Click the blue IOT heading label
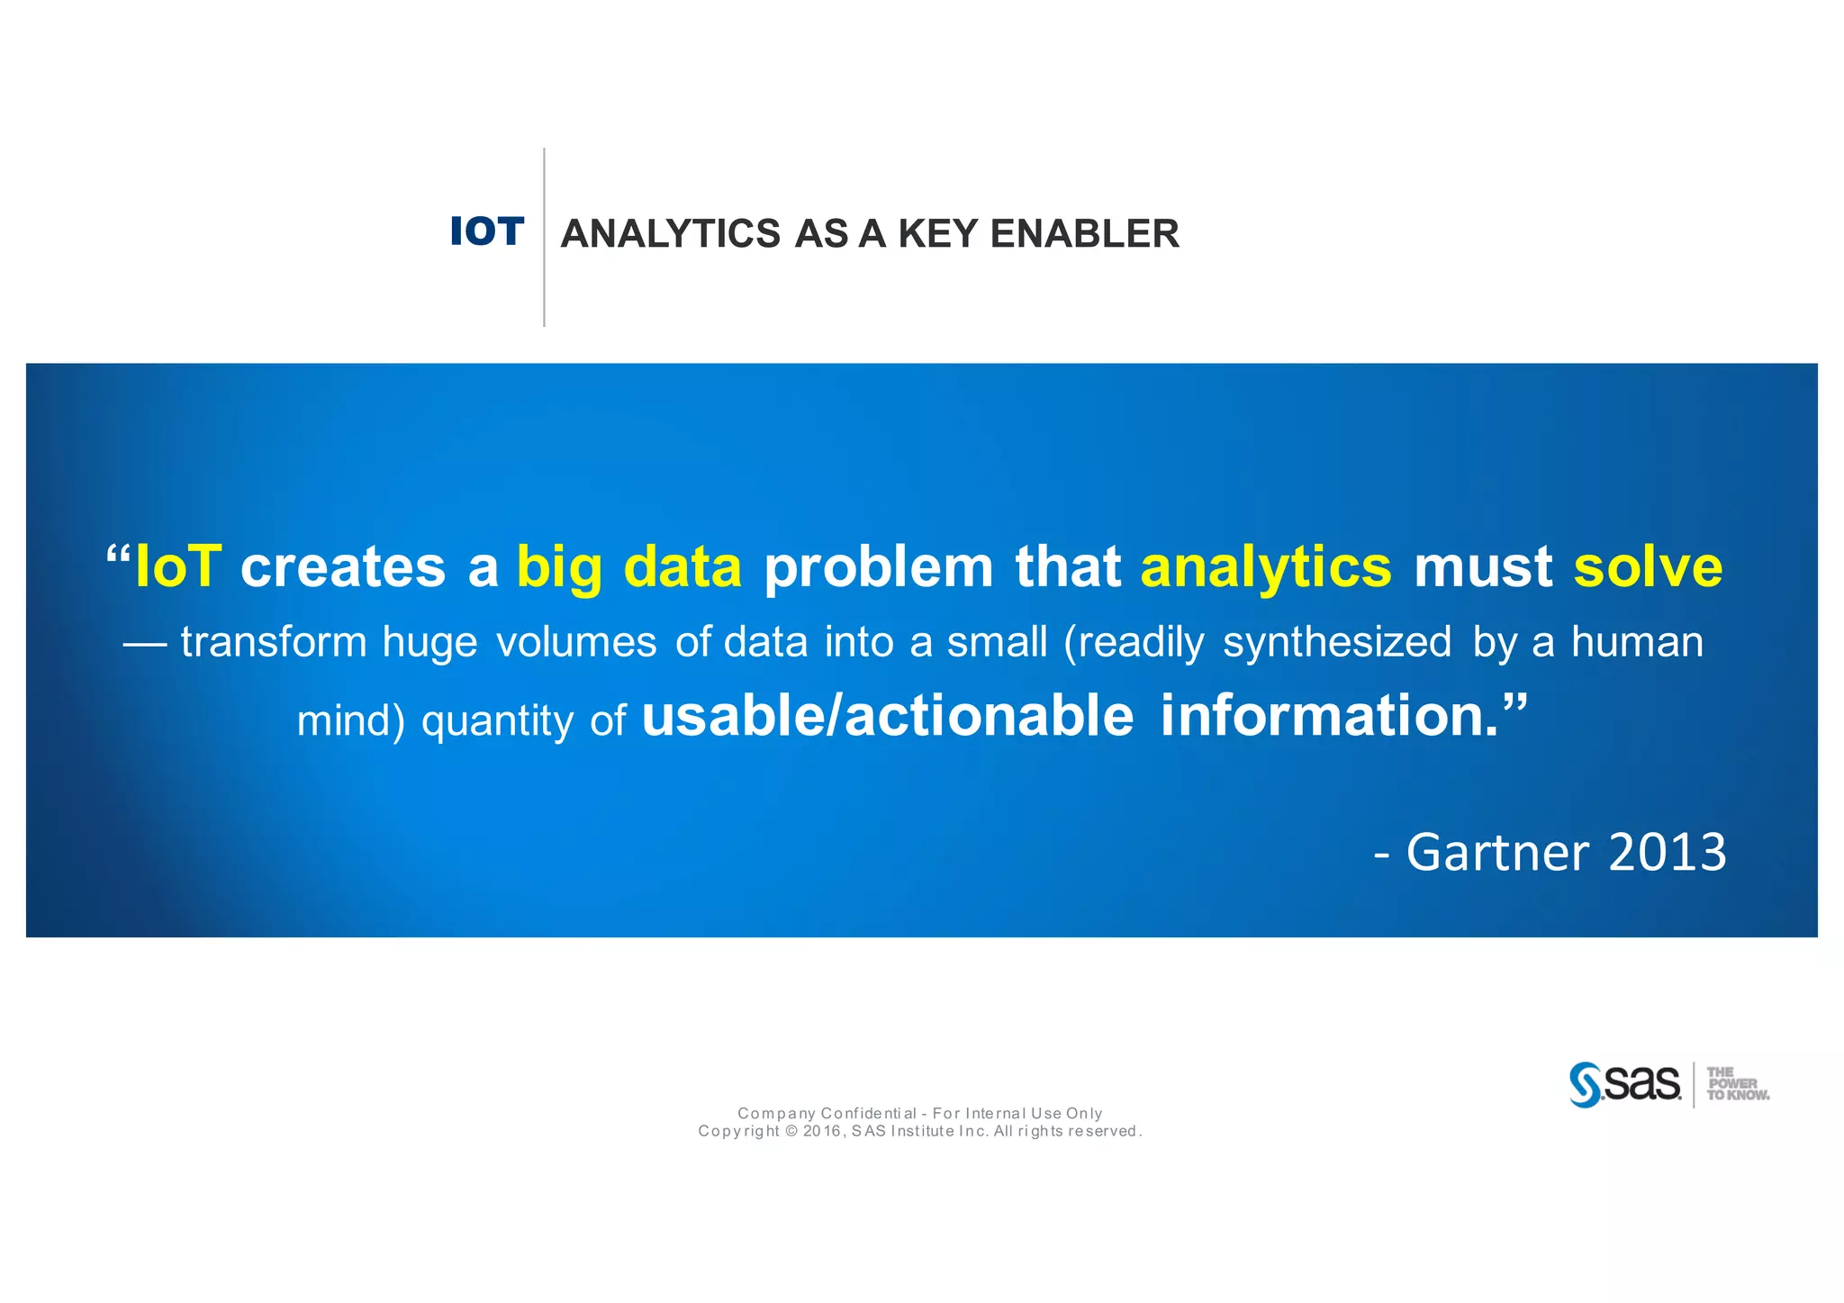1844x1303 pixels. (486, 231)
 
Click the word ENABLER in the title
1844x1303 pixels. (1084, 234)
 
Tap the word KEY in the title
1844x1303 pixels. (937, 234)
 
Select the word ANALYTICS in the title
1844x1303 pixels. (670, 234)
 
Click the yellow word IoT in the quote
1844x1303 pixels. (177, 566)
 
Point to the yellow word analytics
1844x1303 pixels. (1265, 566)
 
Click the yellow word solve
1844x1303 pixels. (1648, 566)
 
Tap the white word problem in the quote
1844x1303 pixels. (878, 568)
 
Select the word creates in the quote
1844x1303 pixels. (343, 568)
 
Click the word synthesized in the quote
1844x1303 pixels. (1336, 643)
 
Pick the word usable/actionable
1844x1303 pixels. (887, 716)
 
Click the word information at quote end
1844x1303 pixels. (1329, 716)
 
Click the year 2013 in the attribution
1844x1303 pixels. (1667, 852)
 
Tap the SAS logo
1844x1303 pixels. (1625, 1084)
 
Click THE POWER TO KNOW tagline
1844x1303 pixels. (1737, 1084)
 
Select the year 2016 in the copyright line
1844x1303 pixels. (822, 1131)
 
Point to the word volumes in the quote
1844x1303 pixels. (576, 643)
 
